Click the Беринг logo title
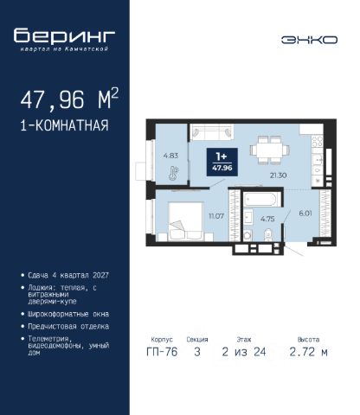[x=64, y=35]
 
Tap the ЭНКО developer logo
[x=309, y=40]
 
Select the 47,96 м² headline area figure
[x=69, y=99]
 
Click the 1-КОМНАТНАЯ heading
[x=64, y=125]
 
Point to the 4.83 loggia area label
[x=170, y=156]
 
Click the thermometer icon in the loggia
[x=174, y=173]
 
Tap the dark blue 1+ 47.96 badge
[x=222, y=162]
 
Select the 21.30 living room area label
[x=278, y=176]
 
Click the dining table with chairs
[x=269, y=150]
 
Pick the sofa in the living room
[x=212, y=132]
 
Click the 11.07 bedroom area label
[x=216, y=216]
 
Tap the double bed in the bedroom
[x=186, y=221]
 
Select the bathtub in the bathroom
[x=260, y=200]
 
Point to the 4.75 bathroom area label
[x=267, y=219]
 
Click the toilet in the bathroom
[x=268, y=235]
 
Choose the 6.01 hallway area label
[x=305, y=214]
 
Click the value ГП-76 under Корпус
[x=162, y=352]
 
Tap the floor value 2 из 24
[x=244, y=352]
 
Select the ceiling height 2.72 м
[x=308, y=352]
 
